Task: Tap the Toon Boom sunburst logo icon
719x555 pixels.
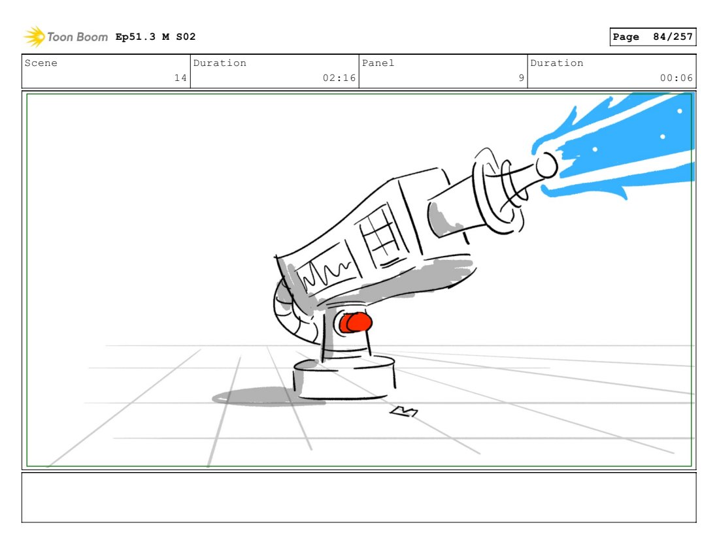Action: (35, 37)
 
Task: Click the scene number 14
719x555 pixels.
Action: (180, 78)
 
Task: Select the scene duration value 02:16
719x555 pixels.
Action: (339, 78)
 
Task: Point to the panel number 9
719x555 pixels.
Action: (522, 78)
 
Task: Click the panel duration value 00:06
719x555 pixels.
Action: (677, 78)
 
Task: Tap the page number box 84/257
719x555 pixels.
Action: (653, 37)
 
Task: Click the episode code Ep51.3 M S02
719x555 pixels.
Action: (156, 37)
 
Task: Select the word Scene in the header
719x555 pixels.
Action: (41, 63)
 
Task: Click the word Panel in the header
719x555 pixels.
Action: (378, 63)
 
